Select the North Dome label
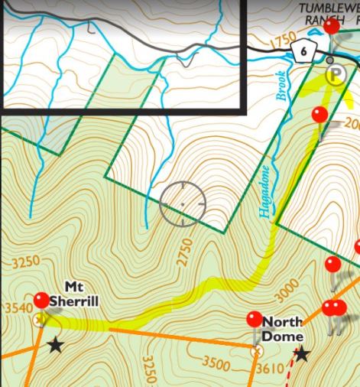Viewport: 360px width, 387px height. point(282,329)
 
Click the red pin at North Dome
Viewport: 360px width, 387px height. point(255,320)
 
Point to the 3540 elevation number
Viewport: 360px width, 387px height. point(18,308)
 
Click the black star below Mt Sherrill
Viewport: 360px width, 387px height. point(55,345)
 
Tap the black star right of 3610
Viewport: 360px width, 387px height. point(302,353)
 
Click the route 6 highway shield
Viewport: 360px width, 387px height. point(303,51)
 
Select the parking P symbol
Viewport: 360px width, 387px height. point(334,74)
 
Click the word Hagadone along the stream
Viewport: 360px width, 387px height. point(264,192)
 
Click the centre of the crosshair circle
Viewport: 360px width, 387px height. point(183,205)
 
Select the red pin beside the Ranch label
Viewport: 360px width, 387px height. point(332,25)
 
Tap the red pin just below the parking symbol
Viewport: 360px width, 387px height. point(320,115)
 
